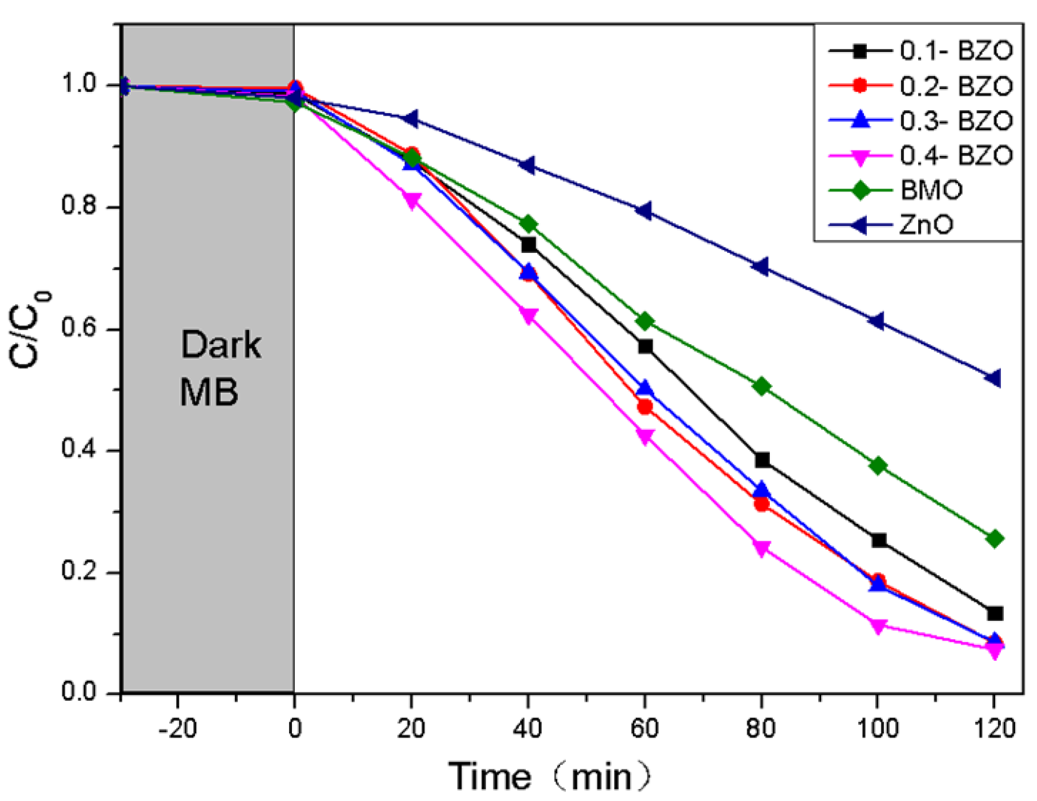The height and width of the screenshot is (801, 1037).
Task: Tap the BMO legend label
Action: click(x=931, y=190)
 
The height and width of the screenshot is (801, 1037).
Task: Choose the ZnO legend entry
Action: click(x=926, y=225)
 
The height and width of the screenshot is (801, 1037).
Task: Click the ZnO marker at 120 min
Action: click(x=993, y=378)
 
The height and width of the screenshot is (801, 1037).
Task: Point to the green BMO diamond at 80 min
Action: click(x=761, y=387)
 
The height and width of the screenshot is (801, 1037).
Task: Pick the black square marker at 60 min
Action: click(x=645, y=346)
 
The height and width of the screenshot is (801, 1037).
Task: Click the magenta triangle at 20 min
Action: click(x=412, y=201)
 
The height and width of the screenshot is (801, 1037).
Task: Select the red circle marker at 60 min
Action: click(x=645, y=407)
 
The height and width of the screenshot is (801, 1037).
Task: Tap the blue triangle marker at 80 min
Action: click(x=762, y=490)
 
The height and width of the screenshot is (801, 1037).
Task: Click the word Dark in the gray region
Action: click(x=220, y=345)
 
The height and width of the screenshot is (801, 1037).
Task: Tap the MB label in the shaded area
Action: click(x=209, y=391)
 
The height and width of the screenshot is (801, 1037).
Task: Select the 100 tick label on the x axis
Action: click(x=877, y=729)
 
